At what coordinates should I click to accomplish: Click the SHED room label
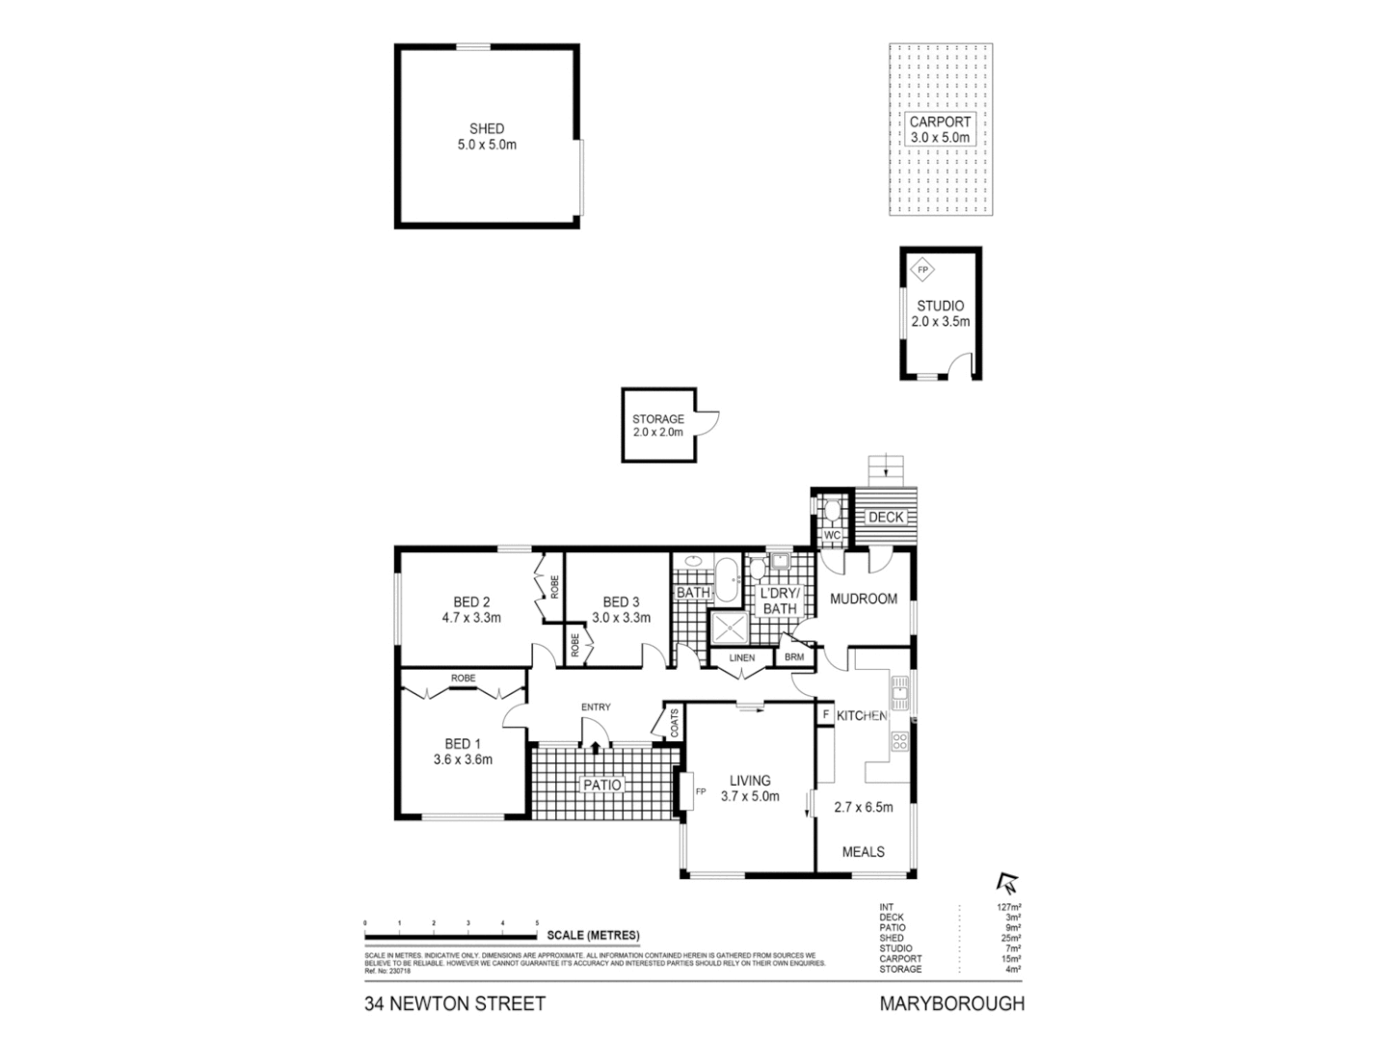487,128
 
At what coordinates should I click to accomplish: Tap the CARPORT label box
941,129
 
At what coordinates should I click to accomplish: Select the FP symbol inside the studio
922,271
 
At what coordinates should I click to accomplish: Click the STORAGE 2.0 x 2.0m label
658,426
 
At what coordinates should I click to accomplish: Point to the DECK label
886,518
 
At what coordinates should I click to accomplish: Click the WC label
832,535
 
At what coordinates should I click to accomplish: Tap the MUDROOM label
864,599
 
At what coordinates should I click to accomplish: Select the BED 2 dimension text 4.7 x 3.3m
471,618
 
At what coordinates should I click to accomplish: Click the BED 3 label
621,602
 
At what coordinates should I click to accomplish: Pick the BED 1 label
463,743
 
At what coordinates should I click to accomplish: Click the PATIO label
601,785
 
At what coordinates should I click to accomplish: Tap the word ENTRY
596,707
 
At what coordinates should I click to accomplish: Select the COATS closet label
674,723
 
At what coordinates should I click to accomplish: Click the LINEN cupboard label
741,658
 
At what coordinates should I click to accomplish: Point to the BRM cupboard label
794,657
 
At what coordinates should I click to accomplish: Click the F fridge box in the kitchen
826,714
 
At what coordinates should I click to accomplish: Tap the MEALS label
863,851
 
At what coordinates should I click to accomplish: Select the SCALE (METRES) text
593,935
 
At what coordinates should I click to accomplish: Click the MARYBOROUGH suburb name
951,1003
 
